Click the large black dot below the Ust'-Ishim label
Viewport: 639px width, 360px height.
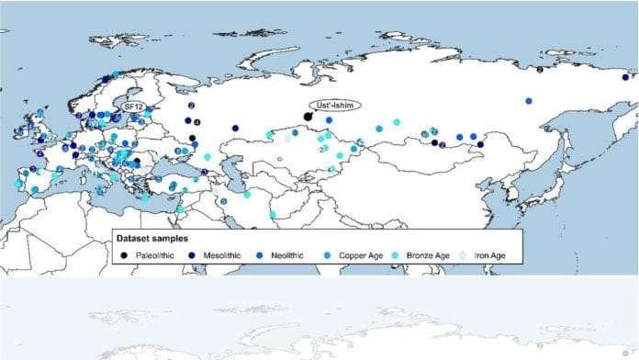(308, 116)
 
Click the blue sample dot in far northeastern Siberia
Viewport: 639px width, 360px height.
(540, 69)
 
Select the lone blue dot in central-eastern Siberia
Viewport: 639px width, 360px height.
(529, 100)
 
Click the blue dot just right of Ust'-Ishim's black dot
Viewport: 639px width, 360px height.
(328, 119)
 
